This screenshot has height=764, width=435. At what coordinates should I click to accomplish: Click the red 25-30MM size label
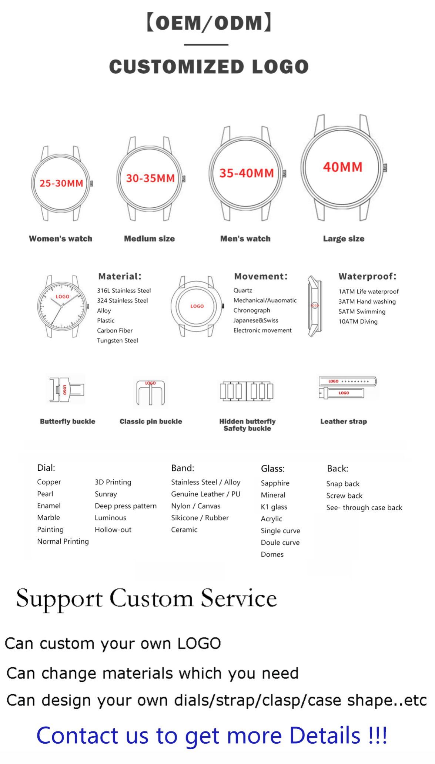coord(61,183)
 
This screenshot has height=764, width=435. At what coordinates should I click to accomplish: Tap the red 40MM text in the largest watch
coord(342,167)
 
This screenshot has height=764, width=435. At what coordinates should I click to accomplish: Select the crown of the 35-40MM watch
coord(284,173)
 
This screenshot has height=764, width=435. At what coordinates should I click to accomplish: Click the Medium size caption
coord(149,239)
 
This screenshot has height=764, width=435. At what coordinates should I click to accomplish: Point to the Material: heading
coord(120,276)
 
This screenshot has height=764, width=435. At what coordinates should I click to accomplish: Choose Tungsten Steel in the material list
coord(117,341)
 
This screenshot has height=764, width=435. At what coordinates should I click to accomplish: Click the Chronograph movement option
coord(252,310)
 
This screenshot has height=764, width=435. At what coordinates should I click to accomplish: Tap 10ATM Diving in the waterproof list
coord(358,321)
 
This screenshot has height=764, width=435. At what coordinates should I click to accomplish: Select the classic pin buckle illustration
coord(150,392)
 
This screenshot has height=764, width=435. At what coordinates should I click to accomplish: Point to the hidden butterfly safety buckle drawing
coord(247,391)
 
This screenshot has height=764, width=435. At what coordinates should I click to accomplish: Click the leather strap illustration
coord(347,387)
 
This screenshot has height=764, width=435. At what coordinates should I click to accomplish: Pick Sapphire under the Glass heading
coord(275,483)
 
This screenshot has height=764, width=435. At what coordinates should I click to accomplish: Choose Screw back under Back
coord(344,496)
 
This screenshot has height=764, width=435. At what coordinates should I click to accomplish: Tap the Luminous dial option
coord(110,518)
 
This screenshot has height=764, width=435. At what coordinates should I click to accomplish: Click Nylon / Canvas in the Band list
coord(195,506)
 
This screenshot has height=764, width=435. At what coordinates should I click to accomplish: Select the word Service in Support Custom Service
coord(239,598)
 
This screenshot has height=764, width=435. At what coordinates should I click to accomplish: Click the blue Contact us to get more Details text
coord(212,735)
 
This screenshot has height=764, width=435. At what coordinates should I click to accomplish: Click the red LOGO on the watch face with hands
coord(63,297)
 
